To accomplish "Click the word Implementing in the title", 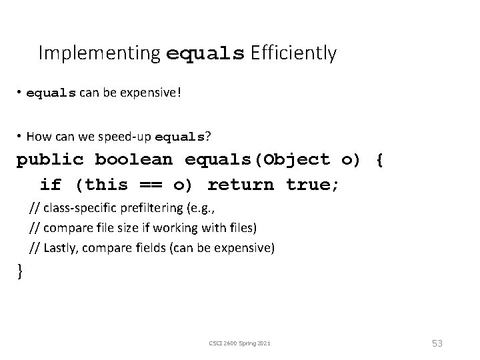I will tap(99, 53).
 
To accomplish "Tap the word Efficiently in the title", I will tap(293, 53).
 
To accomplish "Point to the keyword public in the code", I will tap(49, 160).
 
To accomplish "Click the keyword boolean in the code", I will tap(133, 160).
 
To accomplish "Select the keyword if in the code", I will tap(50, 184).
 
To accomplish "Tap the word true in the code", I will tap(310, 184).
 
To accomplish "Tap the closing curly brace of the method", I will tap(20, 271).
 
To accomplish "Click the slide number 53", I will tap(437, 343).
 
